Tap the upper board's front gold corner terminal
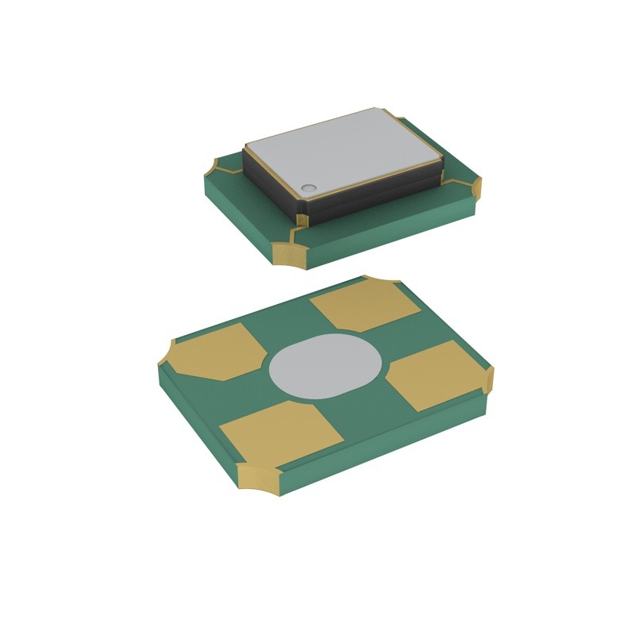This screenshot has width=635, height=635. (287, 252)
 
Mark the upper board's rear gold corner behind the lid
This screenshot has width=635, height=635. (402, 121)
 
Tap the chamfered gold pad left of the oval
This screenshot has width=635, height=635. (215, 352)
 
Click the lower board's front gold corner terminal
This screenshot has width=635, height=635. (258, 480)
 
